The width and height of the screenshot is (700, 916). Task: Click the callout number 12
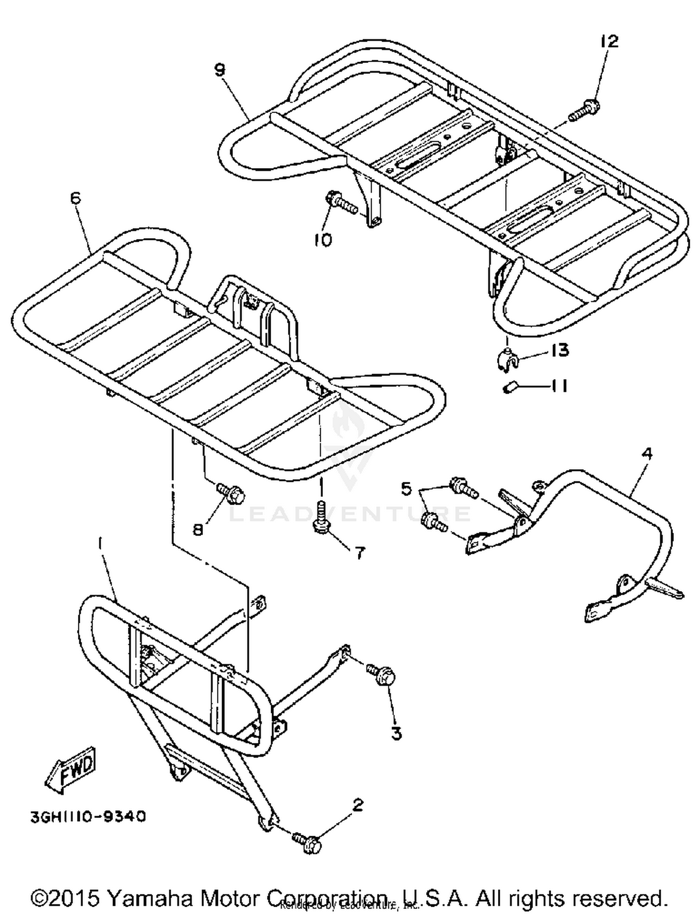609,41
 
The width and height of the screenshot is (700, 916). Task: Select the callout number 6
75,198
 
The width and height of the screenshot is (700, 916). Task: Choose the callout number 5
406,489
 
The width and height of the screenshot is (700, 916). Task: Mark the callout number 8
198,530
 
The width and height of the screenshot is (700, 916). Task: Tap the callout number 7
359,553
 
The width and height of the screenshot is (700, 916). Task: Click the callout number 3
396,733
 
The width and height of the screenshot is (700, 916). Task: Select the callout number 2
357,805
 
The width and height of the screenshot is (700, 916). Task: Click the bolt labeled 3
382,675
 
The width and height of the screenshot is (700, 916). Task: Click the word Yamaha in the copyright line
148,897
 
